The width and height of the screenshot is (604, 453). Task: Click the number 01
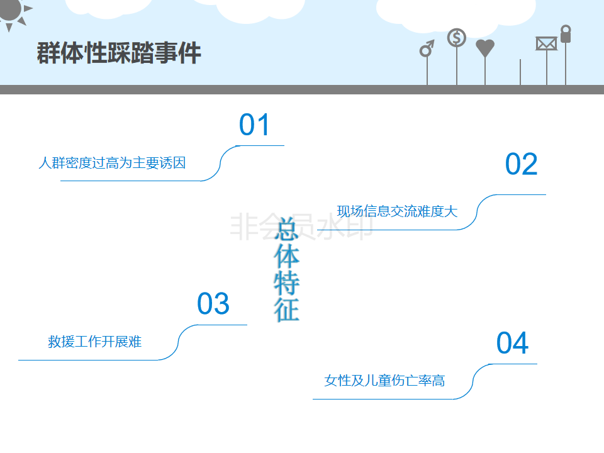[254, 125]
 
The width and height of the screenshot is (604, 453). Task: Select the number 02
[522, 164]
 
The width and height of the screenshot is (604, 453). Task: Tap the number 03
[213, 305]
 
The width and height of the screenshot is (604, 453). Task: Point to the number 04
[512, 344]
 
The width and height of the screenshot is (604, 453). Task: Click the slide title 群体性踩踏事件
[119, 53]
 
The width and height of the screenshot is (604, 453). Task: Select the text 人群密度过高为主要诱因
[112, 163]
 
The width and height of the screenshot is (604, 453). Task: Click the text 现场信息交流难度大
[397, 211]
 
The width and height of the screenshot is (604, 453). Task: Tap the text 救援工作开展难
[94, 342]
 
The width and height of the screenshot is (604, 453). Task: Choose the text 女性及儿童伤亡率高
[384, 381]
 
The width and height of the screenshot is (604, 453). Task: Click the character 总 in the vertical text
[286, 228]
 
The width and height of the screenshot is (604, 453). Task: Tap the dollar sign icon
[457, 38]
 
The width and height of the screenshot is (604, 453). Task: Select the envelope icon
[546, 43]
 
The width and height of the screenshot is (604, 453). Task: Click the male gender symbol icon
[427, 48]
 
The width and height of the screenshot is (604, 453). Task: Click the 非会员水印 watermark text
[302, 226]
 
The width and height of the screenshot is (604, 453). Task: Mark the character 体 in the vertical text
[286, 255]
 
